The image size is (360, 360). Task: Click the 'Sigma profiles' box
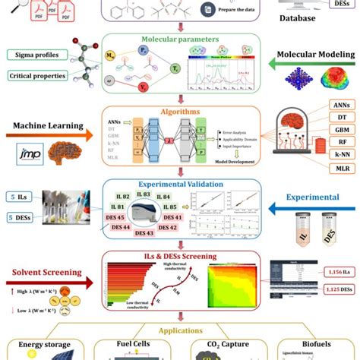click(36, 55)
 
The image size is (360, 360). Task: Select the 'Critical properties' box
click(36, 76)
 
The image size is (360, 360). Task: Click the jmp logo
click(27, 154)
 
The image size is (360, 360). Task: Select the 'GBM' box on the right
click(342, 130)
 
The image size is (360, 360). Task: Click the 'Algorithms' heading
click(180, 111)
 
